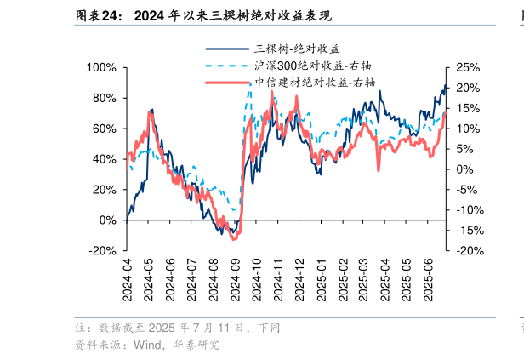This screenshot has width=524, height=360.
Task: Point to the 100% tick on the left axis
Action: pos(101,67)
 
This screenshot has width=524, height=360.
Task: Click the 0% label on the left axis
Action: pos(108,220)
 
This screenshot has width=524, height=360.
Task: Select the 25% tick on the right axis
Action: pos(466,67)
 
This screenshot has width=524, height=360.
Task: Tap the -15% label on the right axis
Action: pos(468,231)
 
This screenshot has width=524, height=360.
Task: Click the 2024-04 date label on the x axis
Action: pos(128,278)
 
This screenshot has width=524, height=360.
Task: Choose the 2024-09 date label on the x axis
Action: pos(236,278)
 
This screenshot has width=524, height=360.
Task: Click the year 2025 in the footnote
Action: pos(162,328)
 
